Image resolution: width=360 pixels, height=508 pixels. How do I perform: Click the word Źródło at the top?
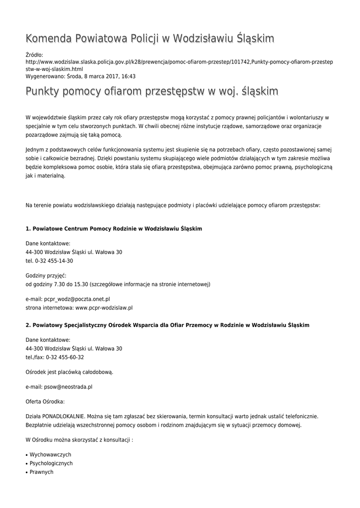tap(34, 55)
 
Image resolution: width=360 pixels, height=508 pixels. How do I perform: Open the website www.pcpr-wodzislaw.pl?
tap(104, 308)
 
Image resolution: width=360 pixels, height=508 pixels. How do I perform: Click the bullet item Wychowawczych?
tap(50, 454)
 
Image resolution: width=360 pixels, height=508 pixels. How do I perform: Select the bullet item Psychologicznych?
tap(51, 463)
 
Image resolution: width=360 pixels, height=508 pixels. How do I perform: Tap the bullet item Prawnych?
tap(41, 472)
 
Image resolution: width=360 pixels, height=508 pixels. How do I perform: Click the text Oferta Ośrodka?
tap(45, 401)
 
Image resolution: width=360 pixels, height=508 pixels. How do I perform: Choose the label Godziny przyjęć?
tap(46, 275)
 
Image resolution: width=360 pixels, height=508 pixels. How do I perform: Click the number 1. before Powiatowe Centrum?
tap(28, 229)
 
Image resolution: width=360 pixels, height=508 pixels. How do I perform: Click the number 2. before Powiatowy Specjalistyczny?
tap(28, 325)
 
